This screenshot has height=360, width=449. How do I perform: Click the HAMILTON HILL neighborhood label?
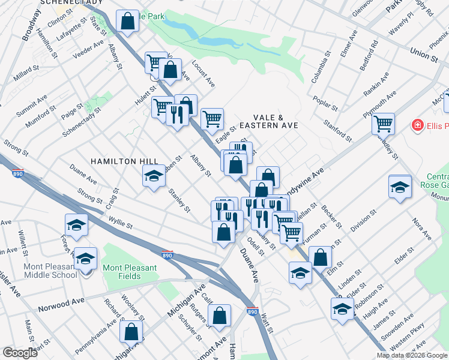[124, 161]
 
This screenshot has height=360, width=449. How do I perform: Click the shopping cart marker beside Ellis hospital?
[383, 124]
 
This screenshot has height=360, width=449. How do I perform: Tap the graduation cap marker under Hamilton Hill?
[153, 176]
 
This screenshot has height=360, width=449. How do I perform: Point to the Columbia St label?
[321, 68]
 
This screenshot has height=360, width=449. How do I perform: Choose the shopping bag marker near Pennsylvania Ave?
[131, 331]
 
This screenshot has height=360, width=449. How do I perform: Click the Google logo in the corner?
[20, 353]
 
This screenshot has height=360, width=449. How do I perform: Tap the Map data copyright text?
[411, 355]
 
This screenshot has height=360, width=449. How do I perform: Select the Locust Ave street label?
[203, 73]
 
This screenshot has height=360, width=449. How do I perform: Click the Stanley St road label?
[178, 201]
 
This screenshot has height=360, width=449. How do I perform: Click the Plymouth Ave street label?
[379, 105]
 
